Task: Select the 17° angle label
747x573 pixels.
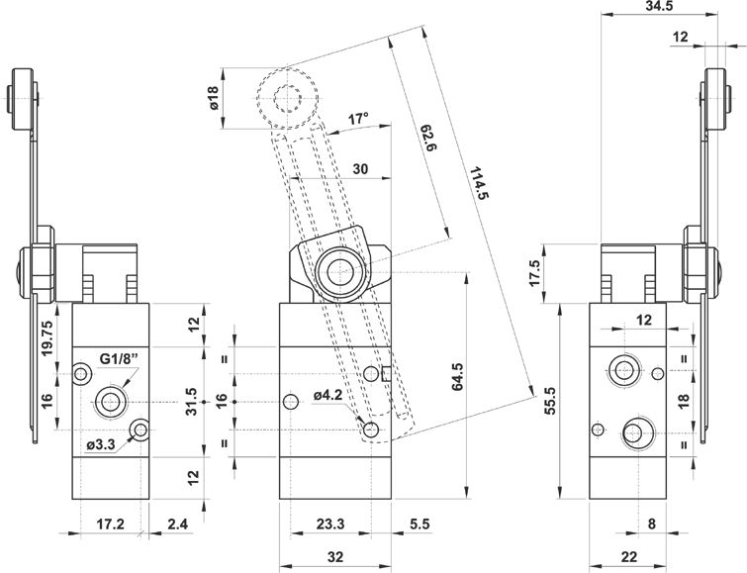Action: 358,120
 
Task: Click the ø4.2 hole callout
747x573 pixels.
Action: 328,397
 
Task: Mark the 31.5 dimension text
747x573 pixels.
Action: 191,402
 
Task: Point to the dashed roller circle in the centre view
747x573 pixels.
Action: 288,97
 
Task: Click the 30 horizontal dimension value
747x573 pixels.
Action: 360,169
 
